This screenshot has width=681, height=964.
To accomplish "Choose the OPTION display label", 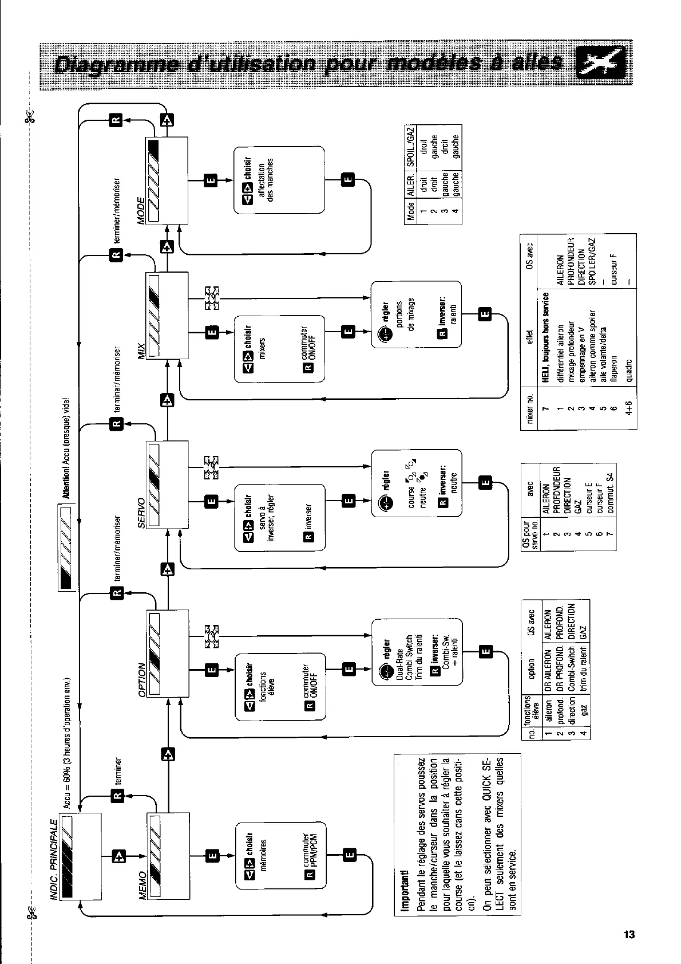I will pyautogui.click(x=141, y=680).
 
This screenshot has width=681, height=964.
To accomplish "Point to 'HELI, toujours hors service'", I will pyautogui.click(x=546, y=338).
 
